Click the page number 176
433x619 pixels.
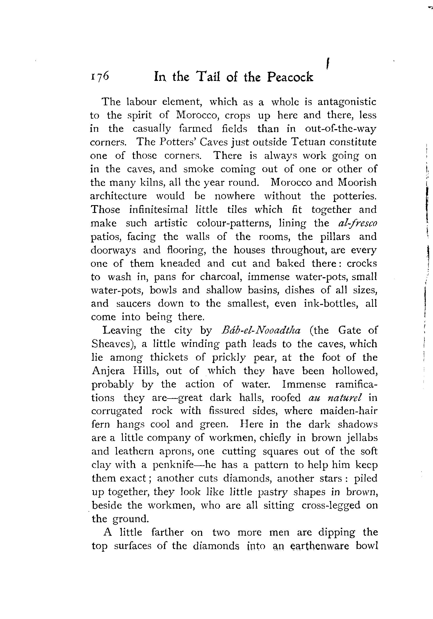coord(100,76)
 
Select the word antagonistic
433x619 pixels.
coord(347,102)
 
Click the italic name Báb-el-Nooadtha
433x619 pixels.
coord(261,330)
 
